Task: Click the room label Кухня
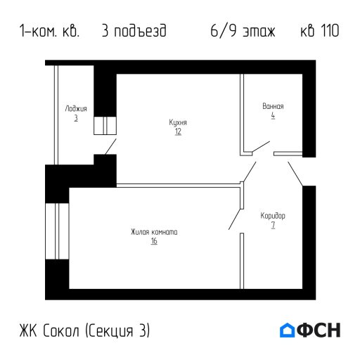(178, 122)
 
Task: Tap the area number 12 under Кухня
(178, 131)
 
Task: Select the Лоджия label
(75, 109)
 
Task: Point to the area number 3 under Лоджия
(75, 118)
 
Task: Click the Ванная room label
(272, 106)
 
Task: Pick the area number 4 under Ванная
(272, 115)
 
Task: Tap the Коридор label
(272, 215)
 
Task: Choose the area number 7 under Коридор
(272, 225)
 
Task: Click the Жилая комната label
(153, 232)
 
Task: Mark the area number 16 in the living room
(153, 241)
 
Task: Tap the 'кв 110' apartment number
(319, 32)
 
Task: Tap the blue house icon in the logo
(288, 330)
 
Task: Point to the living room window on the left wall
(50, 231)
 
